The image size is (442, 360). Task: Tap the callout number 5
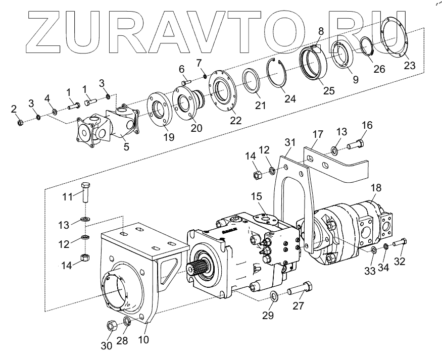click(126, 147)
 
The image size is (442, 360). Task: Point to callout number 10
click(143, 340)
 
